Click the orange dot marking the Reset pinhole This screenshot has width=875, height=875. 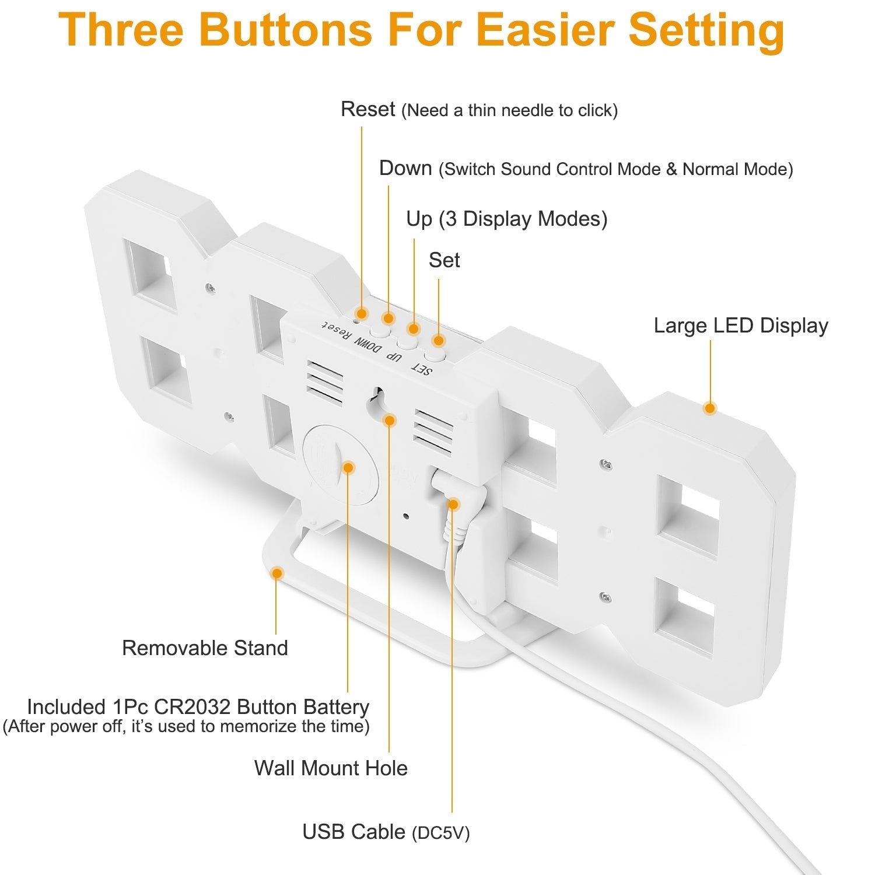pyautogui.click(x=362, y=314)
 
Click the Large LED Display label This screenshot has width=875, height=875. pyautogui.click(x=741, y=325)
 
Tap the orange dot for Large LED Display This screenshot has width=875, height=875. pyautogui.click(x=710, y=408)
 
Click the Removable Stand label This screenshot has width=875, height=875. pyautogui.click(x=205, y=647)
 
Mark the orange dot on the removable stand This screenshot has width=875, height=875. pyautogui.click(x=277, y=573)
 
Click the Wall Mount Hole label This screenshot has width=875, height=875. pyautogui.click(x=331, y=768)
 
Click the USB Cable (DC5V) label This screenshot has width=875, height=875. pyautogui.click(x=386, y=832)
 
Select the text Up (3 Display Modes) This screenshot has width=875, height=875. pyautogui.click(x=507, y=219)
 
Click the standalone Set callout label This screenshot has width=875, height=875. pyautogui.click(x=444, y=260)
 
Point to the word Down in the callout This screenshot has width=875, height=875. pyautogui.click(x=405, y=168)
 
